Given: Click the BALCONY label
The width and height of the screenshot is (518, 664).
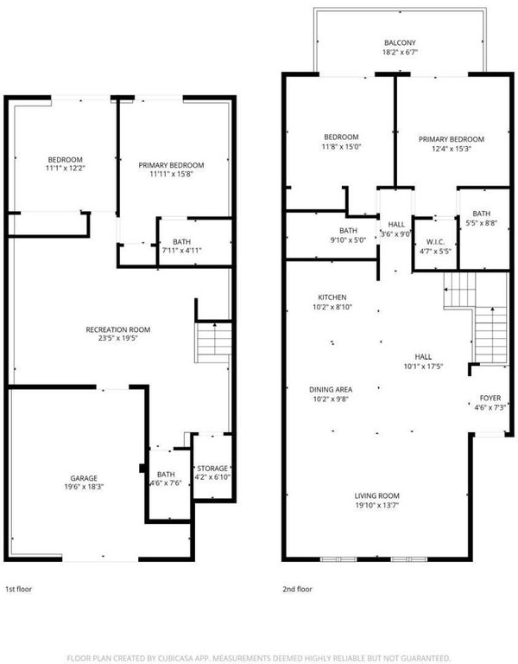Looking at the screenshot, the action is pos(400,42).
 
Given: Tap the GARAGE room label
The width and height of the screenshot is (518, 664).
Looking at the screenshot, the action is pos(84,478).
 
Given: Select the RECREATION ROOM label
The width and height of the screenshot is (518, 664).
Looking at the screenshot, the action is pos(118,329).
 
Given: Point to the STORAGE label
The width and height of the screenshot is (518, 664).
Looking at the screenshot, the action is pos(212,469).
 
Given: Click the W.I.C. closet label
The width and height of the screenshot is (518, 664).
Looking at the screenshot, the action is pos(435,242).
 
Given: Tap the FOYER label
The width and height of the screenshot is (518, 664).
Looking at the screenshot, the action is pos(490,398).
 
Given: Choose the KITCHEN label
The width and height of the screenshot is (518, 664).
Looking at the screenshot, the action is pos(332,297).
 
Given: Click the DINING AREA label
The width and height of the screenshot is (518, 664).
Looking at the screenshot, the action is pos(331,390).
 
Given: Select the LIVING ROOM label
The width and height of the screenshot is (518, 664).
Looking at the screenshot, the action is pos(376,495).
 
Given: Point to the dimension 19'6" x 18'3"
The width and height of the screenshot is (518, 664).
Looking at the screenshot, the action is pos(84,487).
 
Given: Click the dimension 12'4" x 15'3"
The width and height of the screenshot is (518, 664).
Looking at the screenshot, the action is pos(452,149).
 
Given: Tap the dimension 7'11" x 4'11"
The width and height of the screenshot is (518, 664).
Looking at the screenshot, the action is pos(181,250).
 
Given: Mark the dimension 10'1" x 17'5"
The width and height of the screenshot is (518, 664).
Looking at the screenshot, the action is pos(423,367).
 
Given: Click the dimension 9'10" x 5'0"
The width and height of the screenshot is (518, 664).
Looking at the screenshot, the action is pos(348,239).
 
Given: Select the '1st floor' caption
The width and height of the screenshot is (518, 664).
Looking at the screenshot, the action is pos(18,589).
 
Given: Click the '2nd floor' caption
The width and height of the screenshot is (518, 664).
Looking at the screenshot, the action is pos(297,589).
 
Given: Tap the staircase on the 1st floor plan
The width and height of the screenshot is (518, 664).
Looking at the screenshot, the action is pos(213,342).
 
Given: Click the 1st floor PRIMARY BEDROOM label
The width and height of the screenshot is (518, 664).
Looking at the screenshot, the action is pos(171,165).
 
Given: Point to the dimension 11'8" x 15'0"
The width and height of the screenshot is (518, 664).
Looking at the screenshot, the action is pos(341,146).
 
